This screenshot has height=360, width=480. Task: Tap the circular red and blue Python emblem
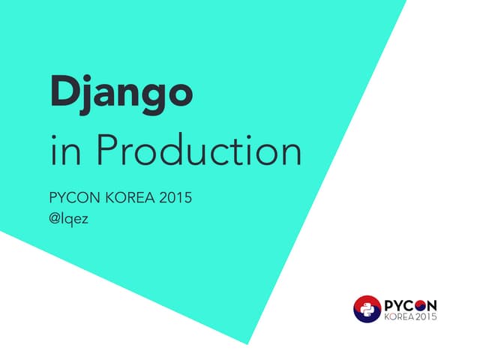point(367,309)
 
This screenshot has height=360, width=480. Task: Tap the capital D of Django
point(63,91)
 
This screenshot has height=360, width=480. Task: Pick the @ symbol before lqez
point(54,221)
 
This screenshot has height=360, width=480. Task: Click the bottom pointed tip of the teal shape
point(247,343)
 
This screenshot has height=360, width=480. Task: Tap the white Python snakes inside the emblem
point(367,309)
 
